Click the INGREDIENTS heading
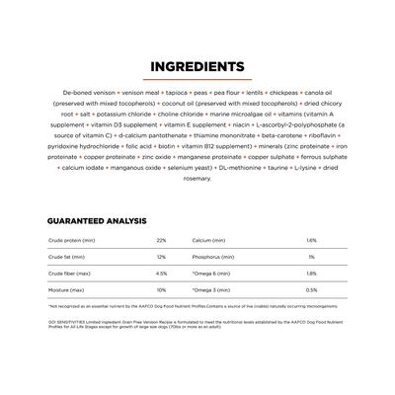(197, 67)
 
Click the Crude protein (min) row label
(70, 240)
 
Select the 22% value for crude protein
(161, 240)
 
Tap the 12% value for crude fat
(161, 257)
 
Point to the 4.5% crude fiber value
(161, 274)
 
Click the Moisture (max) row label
(67, 290)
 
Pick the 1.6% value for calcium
(311, 240)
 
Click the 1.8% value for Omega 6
(311, 274)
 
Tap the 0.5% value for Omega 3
(311, 290)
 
